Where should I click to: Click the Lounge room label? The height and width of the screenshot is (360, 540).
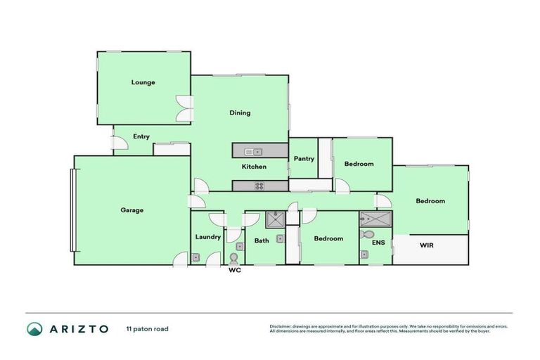tap(143, 82)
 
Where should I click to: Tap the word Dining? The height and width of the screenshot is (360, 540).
tap(240, 112)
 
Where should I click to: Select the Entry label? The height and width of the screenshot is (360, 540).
tap(141, 136)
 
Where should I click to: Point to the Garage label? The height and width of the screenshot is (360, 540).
tap(131, 210)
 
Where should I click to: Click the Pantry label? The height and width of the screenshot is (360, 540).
tap(303, 160)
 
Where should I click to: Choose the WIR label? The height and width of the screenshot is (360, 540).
tap(427, 245)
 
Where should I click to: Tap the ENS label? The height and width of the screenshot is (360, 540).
tap(378, 243)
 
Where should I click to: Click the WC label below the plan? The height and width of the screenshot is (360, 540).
tap(235, 271)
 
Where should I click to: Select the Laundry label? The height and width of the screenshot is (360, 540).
tap(208, 237)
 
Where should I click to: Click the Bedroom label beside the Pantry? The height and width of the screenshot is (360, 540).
tap(359, 164)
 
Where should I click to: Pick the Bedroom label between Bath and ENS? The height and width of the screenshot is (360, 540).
tap(328, 238)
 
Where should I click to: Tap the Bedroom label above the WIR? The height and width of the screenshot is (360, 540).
tap(430, 201)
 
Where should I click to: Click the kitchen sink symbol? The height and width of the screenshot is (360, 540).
tap(252, 150)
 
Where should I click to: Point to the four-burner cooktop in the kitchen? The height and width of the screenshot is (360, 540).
tap(258, 186)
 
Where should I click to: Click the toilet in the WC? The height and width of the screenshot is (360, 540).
tap(234, 257)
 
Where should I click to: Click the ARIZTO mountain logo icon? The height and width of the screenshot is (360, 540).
tap(34, 328)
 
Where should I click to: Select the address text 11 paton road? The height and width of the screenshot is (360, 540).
tap(147, 328)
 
